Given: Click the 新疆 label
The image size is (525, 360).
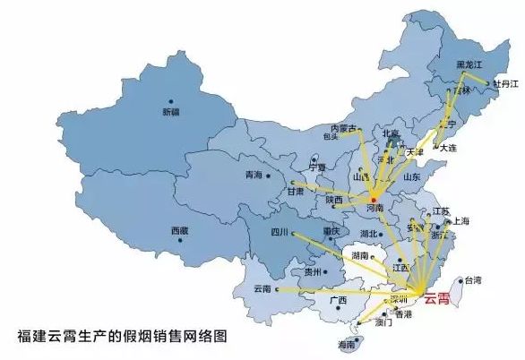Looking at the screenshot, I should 170,113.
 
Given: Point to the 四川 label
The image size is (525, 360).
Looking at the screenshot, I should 280,233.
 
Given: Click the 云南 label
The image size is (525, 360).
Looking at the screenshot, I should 262,289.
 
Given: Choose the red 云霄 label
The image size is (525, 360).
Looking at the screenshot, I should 440,299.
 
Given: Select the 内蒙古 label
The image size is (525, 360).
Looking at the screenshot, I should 343,128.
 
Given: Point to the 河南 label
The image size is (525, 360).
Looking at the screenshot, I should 374,207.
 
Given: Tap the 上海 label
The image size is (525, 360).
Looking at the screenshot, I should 461,220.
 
